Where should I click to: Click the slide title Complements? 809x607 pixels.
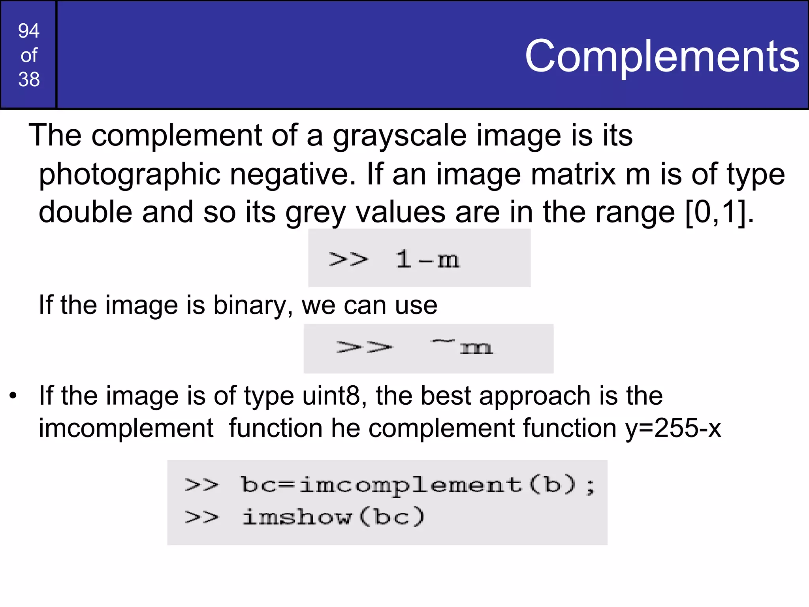(x=662, y=57)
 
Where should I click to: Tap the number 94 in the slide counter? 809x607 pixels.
(x=29, y=31)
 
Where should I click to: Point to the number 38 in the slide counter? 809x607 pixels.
(x=29, y=79)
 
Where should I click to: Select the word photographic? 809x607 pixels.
(x=129, y=175)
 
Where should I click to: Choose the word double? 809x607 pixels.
(x=85, y=212)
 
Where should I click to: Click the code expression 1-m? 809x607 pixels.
(x=427, y=260)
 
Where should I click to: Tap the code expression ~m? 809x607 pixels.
(x=462, y=347)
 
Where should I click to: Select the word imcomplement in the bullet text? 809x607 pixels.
(x=126, y=428)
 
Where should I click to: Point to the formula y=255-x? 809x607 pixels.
(x=673, y=428)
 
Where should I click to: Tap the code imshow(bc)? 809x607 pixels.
(x=333, y=517)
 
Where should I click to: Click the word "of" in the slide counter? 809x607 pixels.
(x=29, y=55)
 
